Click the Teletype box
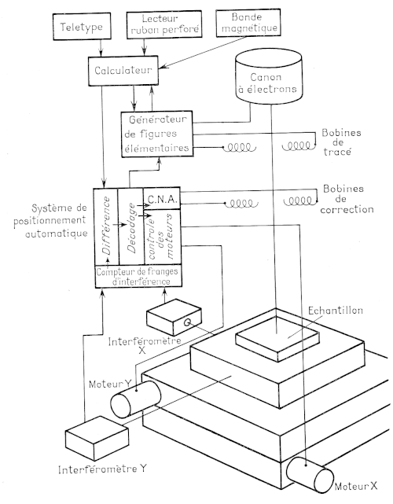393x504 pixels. (x=82, y=27)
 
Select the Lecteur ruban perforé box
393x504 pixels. (x=164, y=24)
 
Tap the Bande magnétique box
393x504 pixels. (x=248, y=23)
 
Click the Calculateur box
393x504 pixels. (x=123, y=71)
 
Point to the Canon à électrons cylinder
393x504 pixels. (x=269, y=77)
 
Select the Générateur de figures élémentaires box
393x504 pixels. (x=157, y=134)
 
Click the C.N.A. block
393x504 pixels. (x=162, y=199)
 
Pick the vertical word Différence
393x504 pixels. (x=106, y=226)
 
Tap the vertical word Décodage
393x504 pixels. (x=131, y=228)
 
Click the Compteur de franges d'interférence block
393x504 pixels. (x=138, y=276)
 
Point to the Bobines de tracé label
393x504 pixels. (x=341, y=142)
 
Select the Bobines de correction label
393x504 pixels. (x=347, y=199)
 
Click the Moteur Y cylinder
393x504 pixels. (x=135, y=399)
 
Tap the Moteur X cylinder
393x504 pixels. (x=310, y=474)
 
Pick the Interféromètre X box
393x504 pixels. (x=174, y=317)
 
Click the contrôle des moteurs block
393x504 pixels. (x=162, y=237)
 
